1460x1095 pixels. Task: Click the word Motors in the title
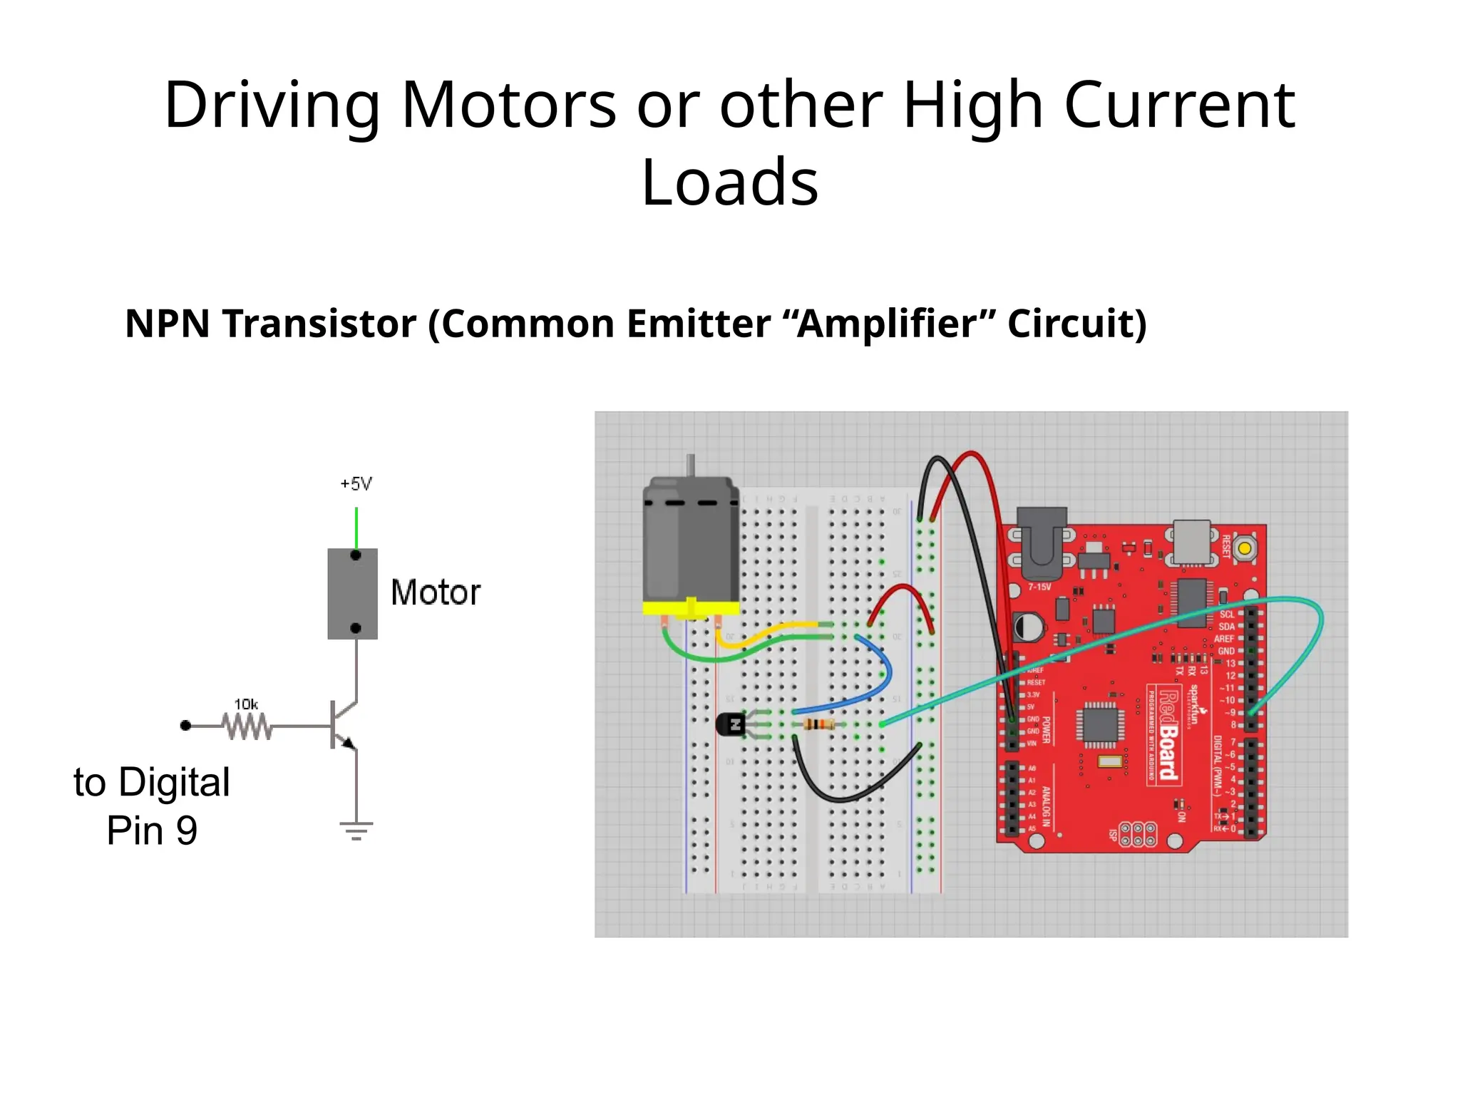508,106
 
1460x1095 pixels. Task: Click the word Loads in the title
729,182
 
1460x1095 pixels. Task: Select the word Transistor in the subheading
319,324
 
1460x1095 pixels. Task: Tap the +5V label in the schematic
356,484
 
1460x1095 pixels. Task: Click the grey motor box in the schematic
352,593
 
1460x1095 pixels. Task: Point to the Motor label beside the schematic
436,592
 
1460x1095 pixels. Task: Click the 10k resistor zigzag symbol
247,726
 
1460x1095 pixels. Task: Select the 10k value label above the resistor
246,704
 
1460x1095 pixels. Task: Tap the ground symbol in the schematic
356,831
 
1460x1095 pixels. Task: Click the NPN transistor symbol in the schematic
342,725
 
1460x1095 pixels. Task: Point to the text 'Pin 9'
152,831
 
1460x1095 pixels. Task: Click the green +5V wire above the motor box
356,528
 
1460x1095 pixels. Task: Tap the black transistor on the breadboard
730,725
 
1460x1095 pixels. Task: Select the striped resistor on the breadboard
819,725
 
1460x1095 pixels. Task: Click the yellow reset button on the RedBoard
1244,548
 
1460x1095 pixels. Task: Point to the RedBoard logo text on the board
1168,734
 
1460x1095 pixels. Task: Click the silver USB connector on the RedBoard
1191,541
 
